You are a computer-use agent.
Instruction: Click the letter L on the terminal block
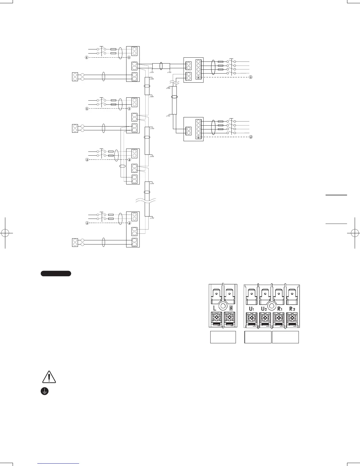click(x=215, y=308)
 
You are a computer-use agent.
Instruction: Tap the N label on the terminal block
click(x=231, y=308)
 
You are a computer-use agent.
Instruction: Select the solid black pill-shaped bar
click(x=56, y=273)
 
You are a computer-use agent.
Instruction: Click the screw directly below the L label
click(x=216, y=318)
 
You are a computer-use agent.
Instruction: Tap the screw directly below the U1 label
click(x=251, y=318)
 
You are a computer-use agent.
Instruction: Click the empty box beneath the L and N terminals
click(x=223, y=337)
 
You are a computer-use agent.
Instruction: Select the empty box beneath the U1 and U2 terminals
click(x=258, y=337)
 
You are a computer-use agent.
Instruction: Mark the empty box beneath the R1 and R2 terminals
click(x=285, y=337)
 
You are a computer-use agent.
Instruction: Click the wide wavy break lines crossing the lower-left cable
click(x=145, y=201)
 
